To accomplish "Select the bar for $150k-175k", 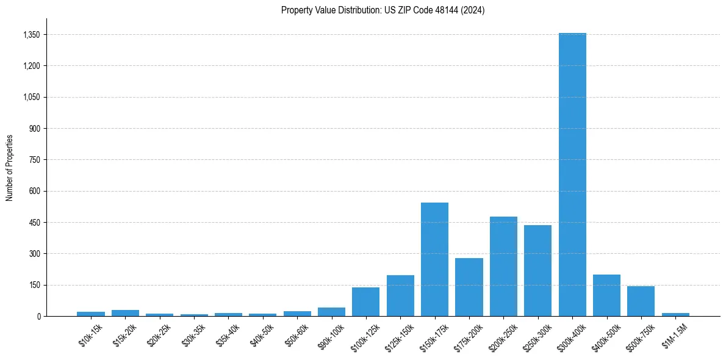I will click(434, 259).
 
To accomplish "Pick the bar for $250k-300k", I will click(537, 271).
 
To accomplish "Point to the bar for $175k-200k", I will click(469, 287).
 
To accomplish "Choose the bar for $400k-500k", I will click(606, 295).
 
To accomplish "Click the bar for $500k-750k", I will click(641, 301).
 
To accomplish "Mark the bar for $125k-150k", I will click(400, 295).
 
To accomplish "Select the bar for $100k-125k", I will click(365, 301).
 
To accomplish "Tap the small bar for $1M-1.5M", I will click(675, 314).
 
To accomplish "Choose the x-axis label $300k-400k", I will click(571, 337).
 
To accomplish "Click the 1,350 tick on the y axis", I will click(31, 35).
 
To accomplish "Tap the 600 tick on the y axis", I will click(34, 191).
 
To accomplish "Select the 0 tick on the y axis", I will click(38, 316).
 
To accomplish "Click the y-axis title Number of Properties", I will click(9, 167).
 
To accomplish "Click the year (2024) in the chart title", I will click(473, 10).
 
